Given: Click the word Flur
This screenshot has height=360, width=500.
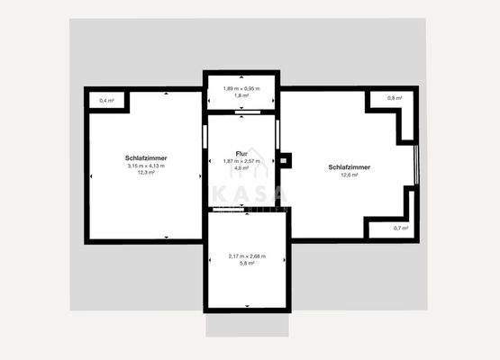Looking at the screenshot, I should [x=241, y=154].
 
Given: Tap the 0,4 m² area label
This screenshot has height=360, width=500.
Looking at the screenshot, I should [x=106, y=100].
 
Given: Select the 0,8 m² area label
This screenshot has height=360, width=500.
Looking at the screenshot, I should [x=394, y=97].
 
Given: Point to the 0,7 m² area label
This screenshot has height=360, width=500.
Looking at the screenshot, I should [x=400, y=228].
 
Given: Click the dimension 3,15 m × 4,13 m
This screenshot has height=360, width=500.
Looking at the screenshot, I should [x=146, y=166].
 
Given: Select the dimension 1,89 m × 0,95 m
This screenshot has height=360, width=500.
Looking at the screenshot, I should [x=241, y=87].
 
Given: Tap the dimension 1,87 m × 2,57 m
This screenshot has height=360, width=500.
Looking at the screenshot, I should [x=241, y=160].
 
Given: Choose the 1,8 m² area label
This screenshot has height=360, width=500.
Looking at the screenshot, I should [x=241, y=94].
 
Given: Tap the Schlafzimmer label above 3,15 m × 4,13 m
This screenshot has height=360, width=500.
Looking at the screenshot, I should [x=146, y=158].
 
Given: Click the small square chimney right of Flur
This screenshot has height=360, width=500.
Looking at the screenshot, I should [x=286, y=161].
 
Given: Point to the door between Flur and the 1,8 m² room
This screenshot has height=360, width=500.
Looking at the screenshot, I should [x=241, y=112].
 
